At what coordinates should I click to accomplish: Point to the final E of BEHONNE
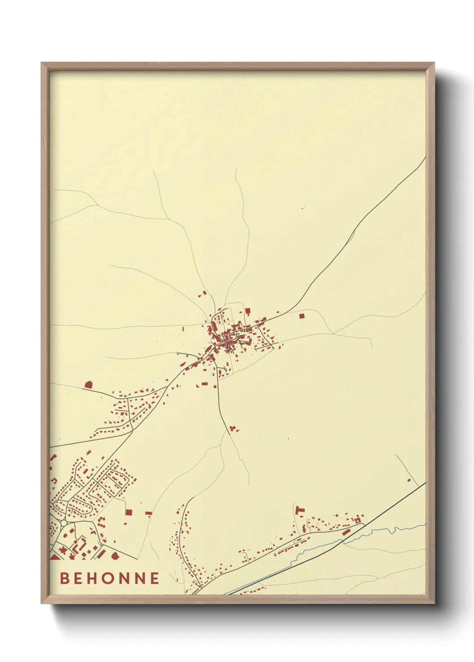pos(155,578)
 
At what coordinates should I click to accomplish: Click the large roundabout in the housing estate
pos(64,523)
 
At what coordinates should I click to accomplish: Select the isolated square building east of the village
pos(301,316)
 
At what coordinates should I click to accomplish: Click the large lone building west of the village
pos(88,384)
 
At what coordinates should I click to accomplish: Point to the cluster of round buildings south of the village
pos(233,429)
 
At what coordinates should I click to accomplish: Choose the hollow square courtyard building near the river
pos(357,521)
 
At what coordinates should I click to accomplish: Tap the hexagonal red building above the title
pos(114,556)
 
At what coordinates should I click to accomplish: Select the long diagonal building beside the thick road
pos(346,532)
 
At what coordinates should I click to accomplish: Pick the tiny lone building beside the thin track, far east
pos(409,480)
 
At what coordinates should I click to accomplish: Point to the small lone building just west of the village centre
pos(183,329)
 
